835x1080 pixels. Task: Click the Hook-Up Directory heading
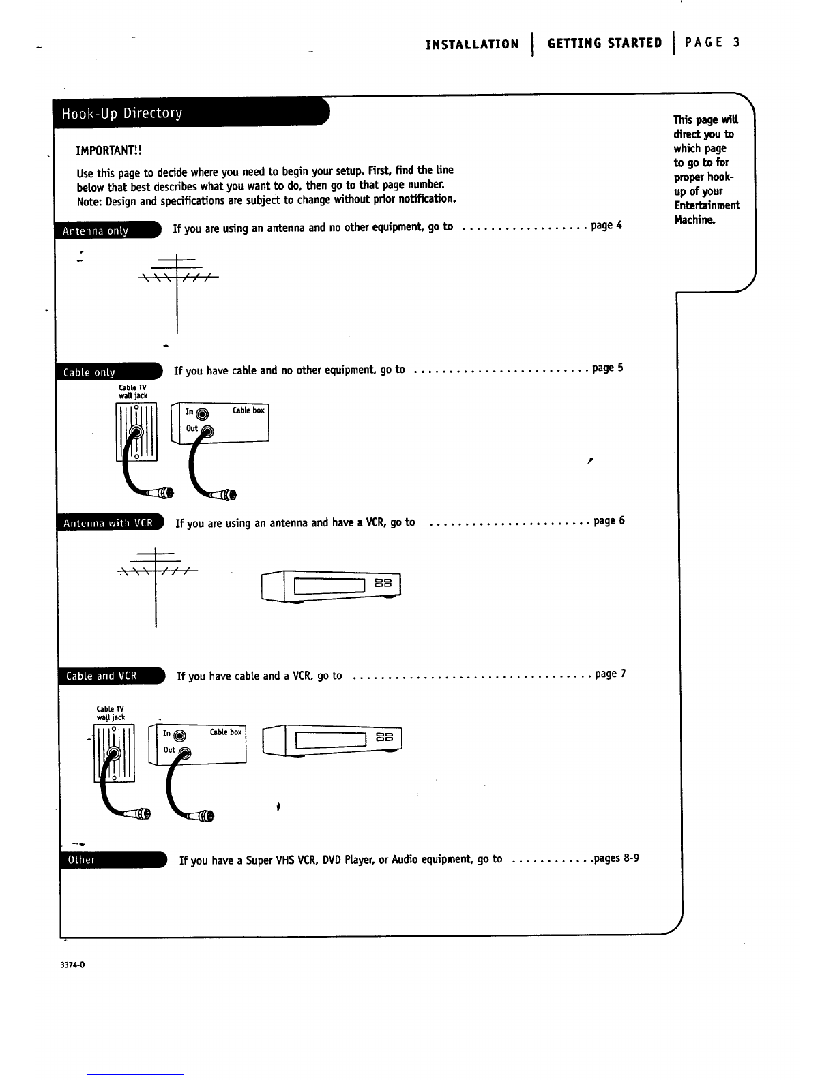(x=122, y=113)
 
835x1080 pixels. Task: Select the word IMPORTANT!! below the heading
(x=108, y=150)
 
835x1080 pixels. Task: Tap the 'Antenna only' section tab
(x=96, y=230)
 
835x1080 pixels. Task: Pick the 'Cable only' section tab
(x=89, y=372)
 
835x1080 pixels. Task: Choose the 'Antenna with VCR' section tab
(x=107, y=524)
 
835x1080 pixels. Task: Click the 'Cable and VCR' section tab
(x=102, y=676)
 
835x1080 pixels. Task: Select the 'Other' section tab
(x=81, y=860)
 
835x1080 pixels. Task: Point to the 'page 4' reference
(x=606, y=225)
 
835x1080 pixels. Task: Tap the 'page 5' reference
(x=607, y=368)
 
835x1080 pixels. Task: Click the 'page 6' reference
(x=609, y=521)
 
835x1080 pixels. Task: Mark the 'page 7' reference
(x=610, y=674)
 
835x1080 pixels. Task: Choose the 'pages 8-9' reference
(x=616, y=858)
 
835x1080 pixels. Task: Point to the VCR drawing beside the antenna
(x=332, y=585)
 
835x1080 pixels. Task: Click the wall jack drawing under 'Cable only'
(x=136, y=432)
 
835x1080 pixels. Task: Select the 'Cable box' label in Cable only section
(x=248, y=410)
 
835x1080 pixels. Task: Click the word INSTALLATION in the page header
(x=471, y=44)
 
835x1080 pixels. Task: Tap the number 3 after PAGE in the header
(x=736, y=43)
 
